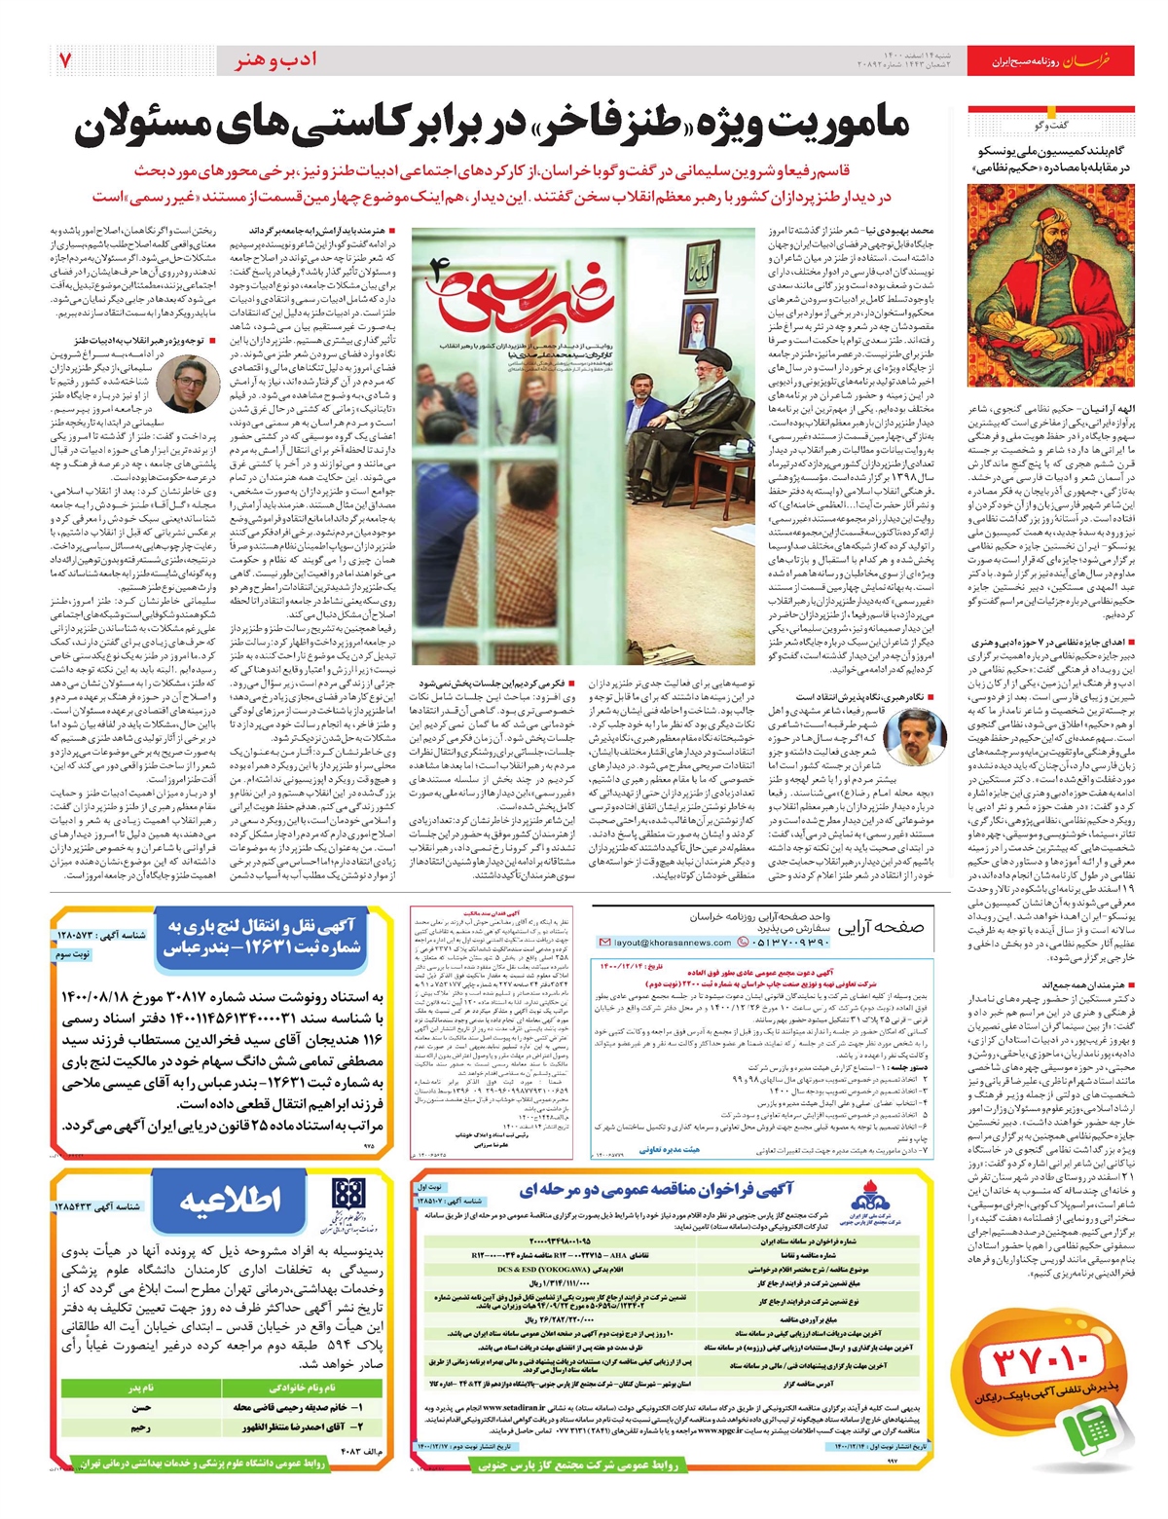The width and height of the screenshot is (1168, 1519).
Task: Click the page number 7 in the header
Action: [x=65, y=60]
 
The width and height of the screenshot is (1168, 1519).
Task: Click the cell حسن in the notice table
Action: [x=141, y=1408]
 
